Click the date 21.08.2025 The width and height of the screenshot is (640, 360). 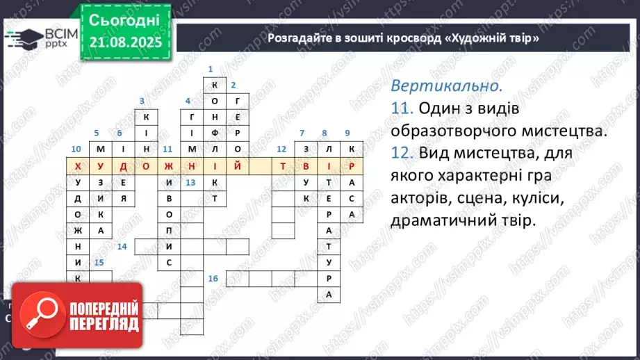tap(125, 42)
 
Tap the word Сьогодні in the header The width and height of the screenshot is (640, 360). tap(125, 19)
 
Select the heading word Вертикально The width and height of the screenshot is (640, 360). tap(446, 87)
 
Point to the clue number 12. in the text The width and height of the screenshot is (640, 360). tap(402, 152)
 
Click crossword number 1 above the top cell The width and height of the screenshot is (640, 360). tap(210, 69)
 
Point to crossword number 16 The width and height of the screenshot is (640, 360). tap(213, 278)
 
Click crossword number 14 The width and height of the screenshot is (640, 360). tap(122, 246)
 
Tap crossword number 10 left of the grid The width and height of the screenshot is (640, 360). tap(76, 149)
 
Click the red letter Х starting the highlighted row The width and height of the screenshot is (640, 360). tap(77, 166)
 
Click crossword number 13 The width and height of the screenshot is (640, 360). tap(190, 182)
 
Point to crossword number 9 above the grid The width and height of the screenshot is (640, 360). tap(347, 133)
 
